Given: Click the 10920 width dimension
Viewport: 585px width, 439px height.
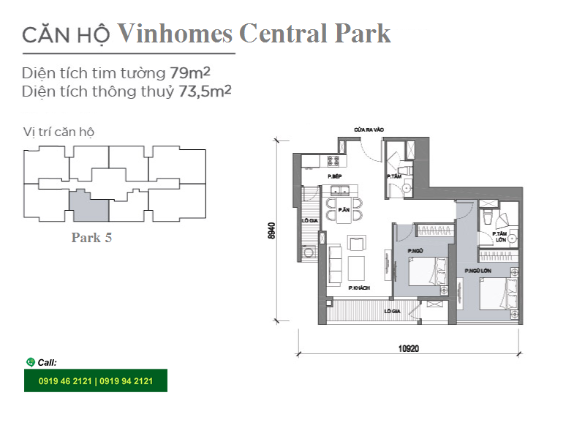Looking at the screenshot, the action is pyautogui.click(x=409, y=348).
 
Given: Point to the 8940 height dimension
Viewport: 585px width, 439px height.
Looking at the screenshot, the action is pyautogui.click(x=271, y=230).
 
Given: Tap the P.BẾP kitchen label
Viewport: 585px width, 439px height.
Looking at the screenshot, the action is pyautogui.click(x=335, y=176).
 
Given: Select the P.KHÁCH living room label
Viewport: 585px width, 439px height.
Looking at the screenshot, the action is pyautogui.click(x=359, y=288).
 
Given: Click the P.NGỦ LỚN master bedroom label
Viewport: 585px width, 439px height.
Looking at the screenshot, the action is pyautogui.click(x=478, y=271).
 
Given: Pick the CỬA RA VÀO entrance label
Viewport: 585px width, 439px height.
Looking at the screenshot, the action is pyautogui.click(x=369, y=130).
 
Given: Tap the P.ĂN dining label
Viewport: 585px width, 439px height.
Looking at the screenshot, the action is pyautogui.click(x=344, y=210).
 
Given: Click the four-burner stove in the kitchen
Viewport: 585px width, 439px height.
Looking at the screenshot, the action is pyautogui.click(x=333, y=161).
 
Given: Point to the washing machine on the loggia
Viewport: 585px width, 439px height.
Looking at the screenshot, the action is pyautogui.click(x=309, y=252).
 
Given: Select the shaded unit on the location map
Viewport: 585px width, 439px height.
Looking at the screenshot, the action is pyautogui.click(x=90, y=207).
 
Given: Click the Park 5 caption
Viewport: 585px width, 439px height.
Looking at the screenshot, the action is pyautogui.click(x=91, y=238).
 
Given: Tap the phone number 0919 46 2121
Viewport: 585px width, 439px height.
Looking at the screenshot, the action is pyautogui.click(x=65, y=381).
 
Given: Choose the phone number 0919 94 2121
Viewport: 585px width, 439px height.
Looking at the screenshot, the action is pyautogui.click(x=126, y=381).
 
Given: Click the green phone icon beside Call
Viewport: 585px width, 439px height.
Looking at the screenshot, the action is pyautogui.click(x=30, y=362).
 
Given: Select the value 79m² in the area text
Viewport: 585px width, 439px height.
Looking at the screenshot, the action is pyautogui.click(x=190, y=72).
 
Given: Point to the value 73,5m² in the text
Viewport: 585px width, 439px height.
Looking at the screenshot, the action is pyautogui.click(x=205, y=91).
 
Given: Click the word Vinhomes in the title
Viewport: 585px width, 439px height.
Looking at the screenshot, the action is pyautogui.click(x=175, y=34).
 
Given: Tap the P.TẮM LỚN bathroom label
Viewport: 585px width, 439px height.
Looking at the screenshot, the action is pyautogui.click(x=499, y=236).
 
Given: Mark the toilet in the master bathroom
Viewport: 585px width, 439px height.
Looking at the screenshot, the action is pyautogui.click(x=487, y=216).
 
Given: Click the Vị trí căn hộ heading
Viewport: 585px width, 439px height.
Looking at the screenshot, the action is pyautogui.click(x=58, y=132).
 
